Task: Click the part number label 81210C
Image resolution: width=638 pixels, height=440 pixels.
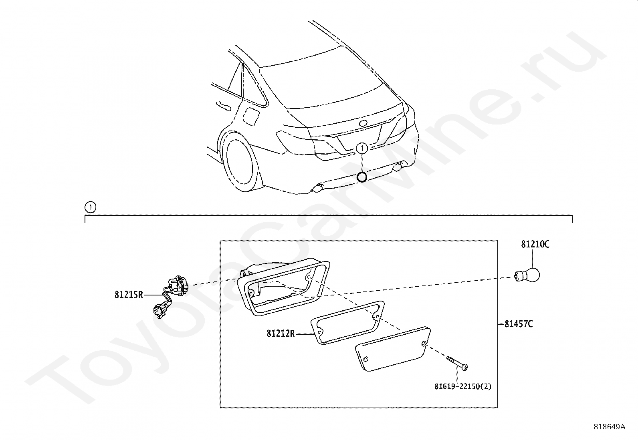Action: point(535,244)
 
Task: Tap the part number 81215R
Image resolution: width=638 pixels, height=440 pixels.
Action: point(129,295)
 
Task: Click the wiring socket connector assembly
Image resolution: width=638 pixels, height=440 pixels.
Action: point(169,295)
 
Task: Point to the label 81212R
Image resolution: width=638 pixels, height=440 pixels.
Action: point(281,333)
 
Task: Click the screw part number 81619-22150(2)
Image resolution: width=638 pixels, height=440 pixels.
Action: point(462,387)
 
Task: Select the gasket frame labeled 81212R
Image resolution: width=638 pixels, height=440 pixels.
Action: point(347,322)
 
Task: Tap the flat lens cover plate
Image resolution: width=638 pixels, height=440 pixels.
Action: point(392,348)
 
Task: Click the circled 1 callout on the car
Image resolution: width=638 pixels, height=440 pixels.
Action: point(362,149)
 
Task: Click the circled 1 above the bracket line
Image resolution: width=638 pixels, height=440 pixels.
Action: point(91,207)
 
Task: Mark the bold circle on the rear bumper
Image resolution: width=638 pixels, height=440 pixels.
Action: point(362,177)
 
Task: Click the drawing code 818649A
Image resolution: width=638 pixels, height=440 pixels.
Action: point(609,427)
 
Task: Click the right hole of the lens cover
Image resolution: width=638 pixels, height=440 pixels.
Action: point(424,343)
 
